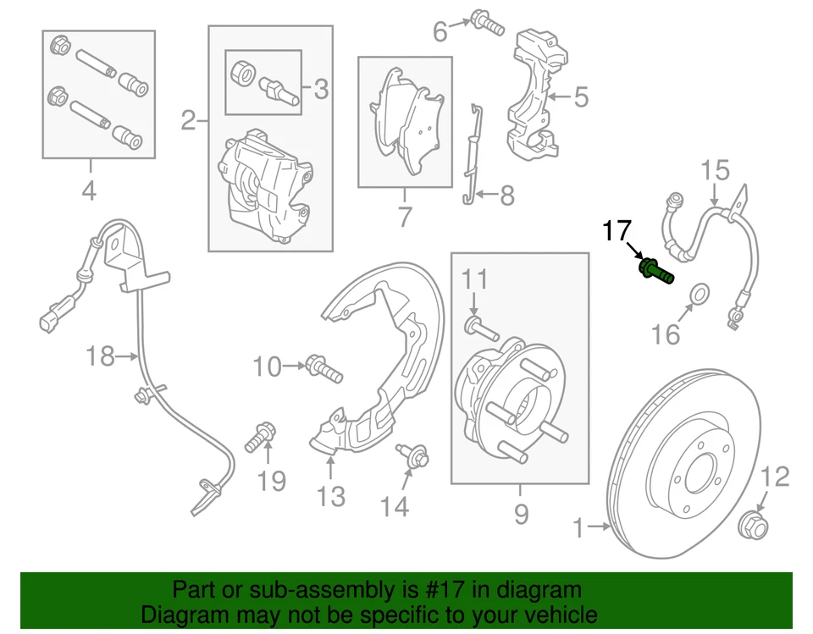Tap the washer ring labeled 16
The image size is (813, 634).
click(x=700, y=295)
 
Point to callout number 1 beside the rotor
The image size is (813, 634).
click(x=578, y=529)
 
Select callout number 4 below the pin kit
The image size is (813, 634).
click(x=89, y=191)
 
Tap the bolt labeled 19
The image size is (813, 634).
click(x=257, y=438)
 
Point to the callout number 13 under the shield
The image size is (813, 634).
click(x=331, y=496)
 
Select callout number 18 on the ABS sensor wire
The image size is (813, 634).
click(x=100, y=356)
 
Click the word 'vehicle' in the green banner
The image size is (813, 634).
click(x=555, y=615)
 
